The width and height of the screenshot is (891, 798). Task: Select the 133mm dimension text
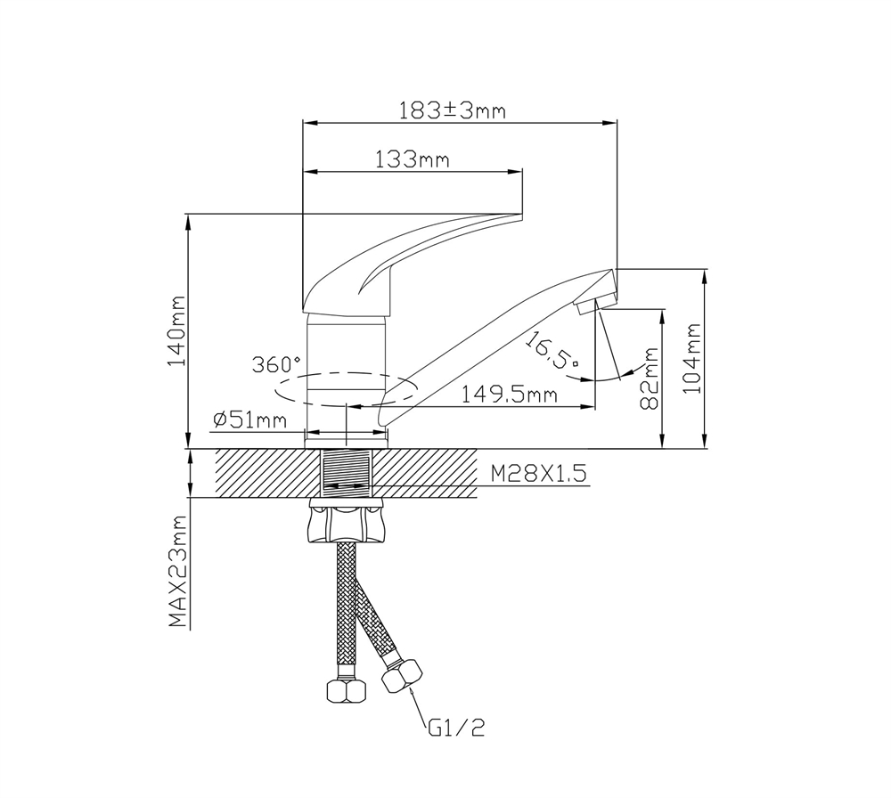pyautogui.click(x=412, y=160)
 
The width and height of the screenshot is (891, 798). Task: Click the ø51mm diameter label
pyautogui.click(x=250, y=419)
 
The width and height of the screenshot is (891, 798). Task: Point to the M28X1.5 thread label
pyautogui.click(x=540, y=474)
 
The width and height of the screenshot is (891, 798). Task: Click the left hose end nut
pyautogui.click(x=343, y=689)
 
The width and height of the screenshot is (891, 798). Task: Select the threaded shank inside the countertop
pyautogui.click(x=346, y=473)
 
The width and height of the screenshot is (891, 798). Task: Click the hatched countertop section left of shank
pyautogui.click(x=267, y=473)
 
